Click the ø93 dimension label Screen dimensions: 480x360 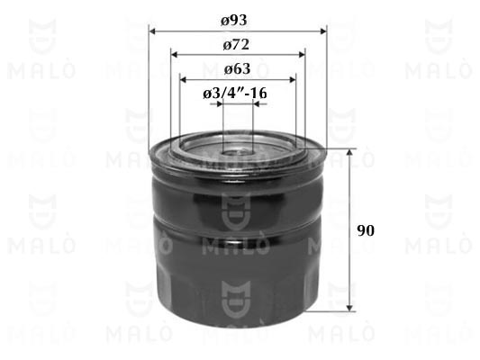coord(234,21)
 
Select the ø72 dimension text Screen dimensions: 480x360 coord(236,45)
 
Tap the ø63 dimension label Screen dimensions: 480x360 coord(237,68)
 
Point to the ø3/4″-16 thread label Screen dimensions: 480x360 coord(235,93)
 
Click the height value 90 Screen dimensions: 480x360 coord(366,230)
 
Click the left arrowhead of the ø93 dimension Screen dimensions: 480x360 coord(152,31)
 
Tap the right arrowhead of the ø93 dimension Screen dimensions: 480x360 coord(323,31)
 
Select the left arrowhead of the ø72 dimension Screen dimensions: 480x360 coord(175,55)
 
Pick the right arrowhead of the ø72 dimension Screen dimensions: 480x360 coord(302,55)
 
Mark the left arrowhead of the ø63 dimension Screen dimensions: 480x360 coord(184,80)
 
